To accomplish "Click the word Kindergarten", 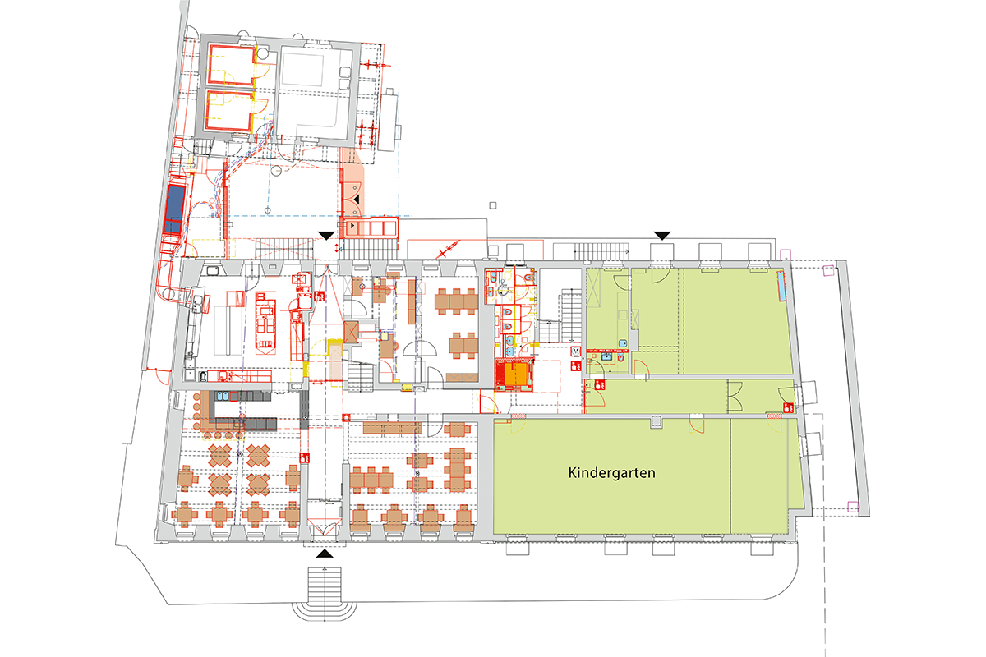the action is pos(611,473).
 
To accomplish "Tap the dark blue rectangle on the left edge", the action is pos(174,209).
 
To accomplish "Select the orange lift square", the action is pos(515,374).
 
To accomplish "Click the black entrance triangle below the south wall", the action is pos(325,554).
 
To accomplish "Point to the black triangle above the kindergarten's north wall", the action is pos(662,236).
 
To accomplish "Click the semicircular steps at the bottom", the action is pos(325,612).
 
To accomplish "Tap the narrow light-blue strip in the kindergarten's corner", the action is pos(781,286).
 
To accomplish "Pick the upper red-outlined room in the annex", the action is pos(232,64).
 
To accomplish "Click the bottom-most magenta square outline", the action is pos(853,507).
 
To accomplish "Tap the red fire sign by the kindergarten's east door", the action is pos(788,408).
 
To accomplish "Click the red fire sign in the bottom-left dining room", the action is pos(304,457).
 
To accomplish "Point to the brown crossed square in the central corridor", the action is pos(351,333).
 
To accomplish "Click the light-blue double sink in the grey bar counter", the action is pos(223,397).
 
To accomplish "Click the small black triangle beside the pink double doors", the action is pos(357,200).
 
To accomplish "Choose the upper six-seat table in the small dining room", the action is pos(457,302).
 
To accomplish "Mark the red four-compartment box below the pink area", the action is pos(371,228).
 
